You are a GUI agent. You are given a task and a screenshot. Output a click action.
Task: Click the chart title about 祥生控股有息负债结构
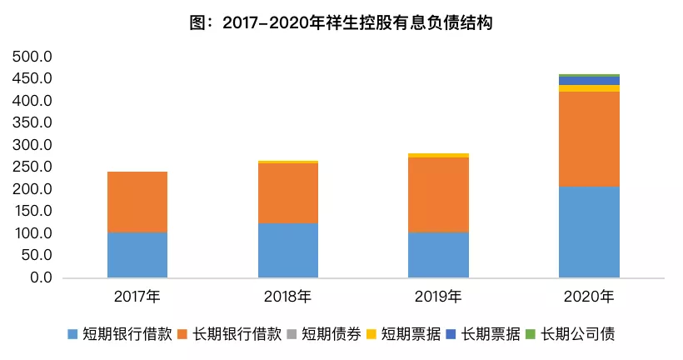341,22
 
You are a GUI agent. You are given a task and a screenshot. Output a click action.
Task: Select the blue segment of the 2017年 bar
137,254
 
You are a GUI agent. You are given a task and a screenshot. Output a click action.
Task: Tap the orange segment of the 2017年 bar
137,202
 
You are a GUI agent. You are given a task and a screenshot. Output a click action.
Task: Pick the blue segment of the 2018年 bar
288,250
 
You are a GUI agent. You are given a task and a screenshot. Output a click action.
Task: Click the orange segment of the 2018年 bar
288,193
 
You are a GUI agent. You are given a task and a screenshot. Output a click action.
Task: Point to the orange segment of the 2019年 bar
438,195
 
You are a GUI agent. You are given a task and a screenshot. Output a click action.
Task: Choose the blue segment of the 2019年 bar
438,255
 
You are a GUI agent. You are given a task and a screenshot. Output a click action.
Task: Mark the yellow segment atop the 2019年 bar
438,156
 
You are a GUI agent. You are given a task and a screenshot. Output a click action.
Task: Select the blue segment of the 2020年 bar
589,232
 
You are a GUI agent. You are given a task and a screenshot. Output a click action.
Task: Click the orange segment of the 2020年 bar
589,139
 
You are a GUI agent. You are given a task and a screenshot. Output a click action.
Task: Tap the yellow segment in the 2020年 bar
589,88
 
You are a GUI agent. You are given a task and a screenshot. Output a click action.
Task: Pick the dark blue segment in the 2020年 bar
589,81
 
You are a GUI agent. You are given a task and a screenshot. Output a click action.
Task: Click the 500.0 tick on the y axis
32,56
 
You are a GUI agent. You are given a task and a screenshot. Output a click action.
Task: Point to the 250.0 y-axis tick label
32,167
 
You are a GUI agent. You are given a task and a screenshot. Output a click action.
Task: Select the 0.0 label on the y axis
41,277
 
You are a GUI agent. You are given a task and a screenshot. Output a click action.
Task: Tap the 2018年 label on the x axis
287,297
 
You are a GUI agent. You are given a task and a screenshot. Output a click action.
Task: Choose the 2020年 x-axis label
589,297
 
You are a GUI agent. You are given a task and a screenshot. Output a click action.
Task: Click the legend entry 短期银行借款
120,334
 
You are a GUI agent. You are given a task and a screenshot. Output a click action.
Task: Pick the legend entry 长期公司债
571,334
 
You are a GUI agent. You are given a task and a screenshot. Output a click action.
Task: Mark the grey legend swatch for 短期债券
292,334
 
